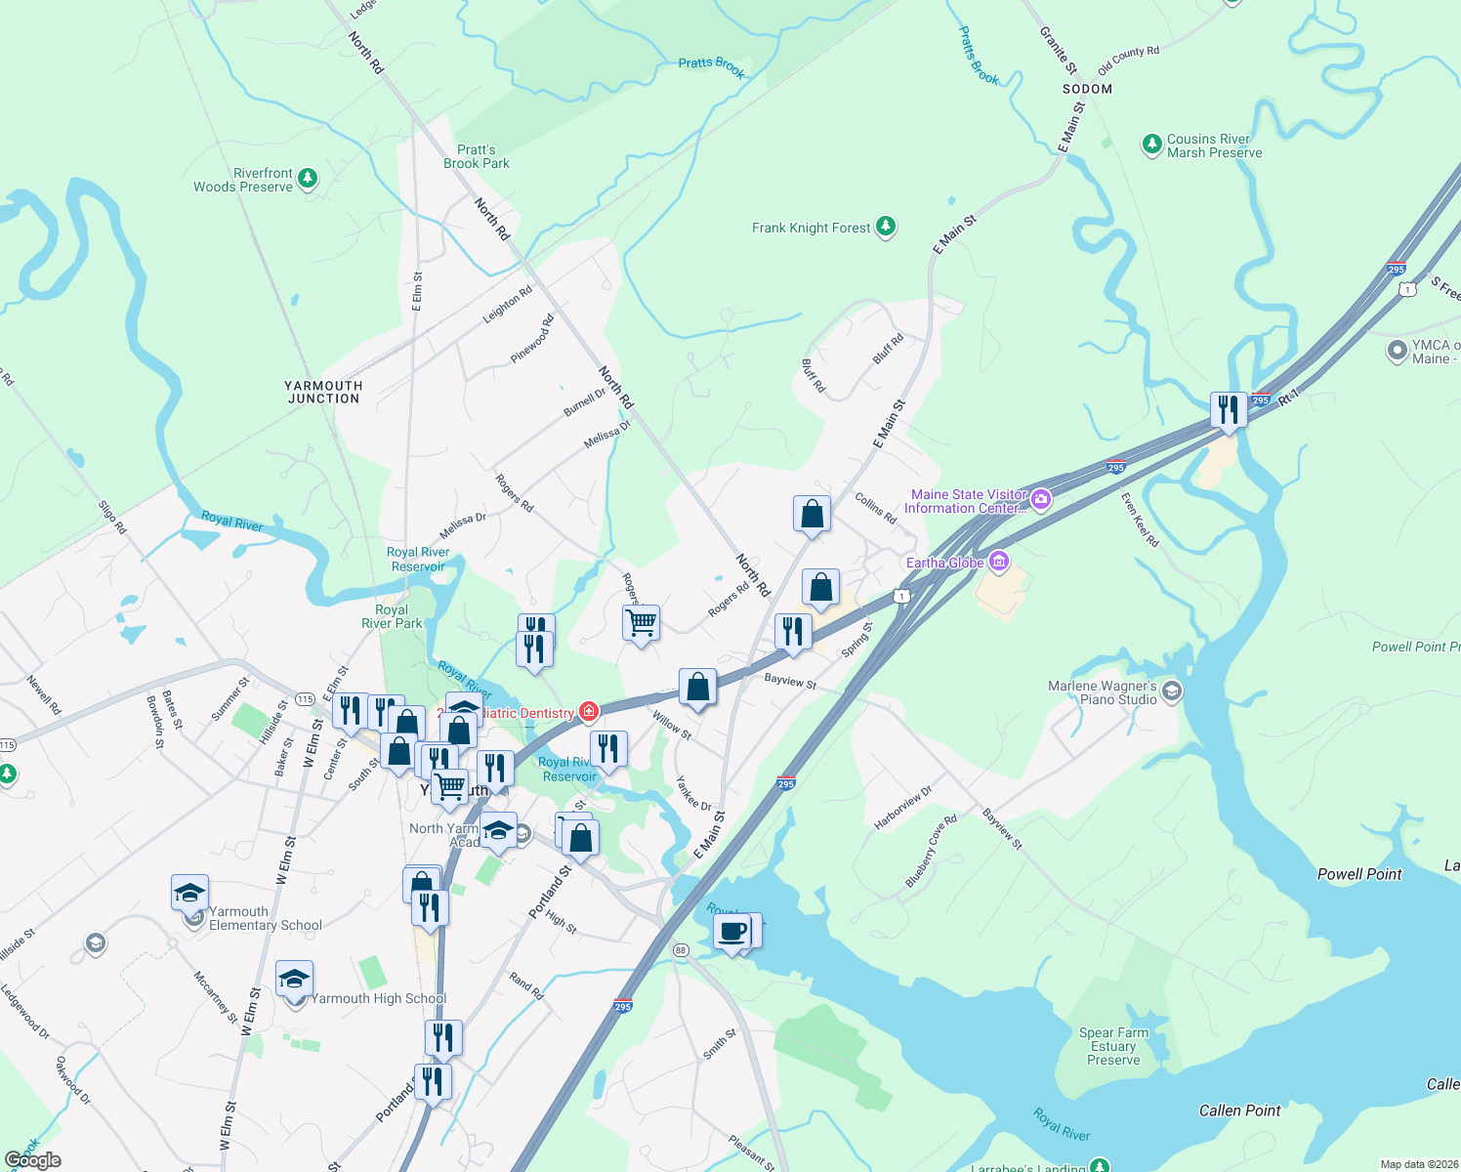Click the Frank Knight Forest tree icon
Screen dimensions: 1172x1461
coord(886,227)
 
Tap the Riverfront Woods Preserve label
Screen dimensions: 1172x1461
coord(243,180)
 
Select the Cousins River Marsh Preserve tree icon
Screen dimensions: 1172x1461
coord(1152,145)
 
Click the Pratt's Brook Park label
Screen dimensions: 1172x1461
coord(477,157)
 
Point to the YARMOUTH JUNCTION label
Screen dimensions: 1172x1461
coord(323,392)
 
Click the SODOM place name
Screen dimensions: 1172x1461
coord(1087,89)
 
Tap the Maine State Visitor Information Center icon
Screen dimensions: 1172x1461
coord(1041,500)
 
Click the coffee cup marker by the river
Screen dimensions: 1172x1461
coord(732,933)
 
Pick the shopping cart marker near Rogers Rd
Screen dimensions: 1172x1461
coord(642,622)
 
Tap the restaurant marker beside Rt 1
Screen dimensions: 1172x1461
coord(1229,409)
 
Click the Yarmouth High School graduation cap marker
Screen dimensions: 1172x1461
coord(294,979)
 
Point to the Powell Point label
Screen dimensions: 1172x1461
coord(1359,874)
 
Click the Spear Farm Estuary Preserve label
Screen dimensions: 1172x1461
coord(1113,1046)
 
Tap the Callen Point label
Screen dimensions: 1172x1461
coord(1239,1110)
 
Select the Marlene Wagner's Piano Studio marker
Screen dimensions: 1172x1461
coord(1172,691)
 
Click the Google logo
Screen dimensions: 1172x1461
coord(33,1160)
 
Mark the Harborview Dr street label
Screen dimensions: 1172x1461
coord(902,809)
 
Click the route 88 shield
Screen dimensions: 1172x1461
coord(681,949)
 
